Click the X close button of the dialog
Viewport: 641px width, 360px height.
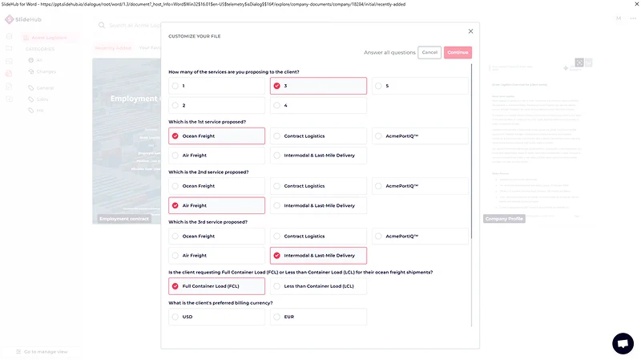click(x=470, y=31)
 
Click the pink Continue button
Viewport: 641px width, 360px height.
click(x=458, y=52)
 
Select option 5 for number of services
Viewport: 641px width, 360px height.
click(x=420, y=86)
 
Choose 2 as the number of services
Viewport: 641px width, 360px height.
click(x=216, y=105)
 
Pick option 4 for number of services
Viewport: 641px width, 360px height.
click(x=318, y=105)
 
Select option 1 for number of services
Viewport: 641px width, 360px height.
click(x=216, y=86)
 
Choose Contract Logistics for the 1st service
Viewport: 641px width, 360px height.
click(x=318, y=136)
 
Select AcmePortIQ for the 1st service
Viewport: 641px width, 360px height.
click(x=420, y=136)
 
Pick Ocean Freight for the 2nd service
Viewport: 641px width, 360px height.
click(x=216, y=186)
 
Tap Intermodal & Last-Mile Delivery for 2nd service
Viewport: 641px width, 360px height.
click(x=318, y=205)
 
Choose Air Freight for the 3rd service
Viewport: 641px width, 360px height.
click(x=216, y=256)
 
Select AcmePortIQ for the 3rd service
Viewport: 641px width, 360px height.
click(x=420, y=237)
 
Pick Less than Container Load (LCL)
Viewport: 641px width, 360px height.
click(x=318, y=286)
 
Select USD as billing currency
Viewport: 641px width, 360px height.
click(x=216, y=317)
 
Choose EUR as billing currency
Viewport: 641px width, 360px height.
click(x=318, y=317)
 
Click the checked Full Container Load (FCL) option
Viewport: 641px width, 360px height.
click(x=216, y=286)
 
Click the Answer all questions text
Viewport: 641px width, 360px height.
click(x=389, y=52)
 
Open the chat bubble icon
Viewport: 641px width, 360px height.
click(x=623, y=343)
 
